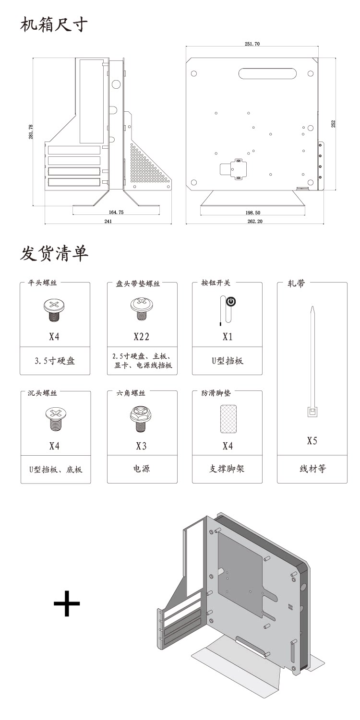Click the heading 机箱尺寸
coord(54,24)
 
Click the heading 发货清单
coord(54,253)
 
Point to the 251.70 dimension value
coord(252,44)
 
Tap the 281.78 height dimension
coord(31,131)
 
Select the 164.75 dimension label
coord(116,212)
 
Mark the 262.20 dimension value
coord(255,221)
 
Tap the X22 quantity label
coord(141,337)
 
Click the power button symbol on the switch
coord(231,302)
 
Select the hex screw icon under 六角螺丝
coord(141,419)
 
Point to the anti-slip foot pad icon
coord(227,418)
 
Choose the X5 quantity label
coord(312,440)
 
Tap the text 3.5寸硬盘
coord(55,361)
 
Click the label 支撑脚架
coord(227,469)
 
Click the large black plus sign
coord(67,603)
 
